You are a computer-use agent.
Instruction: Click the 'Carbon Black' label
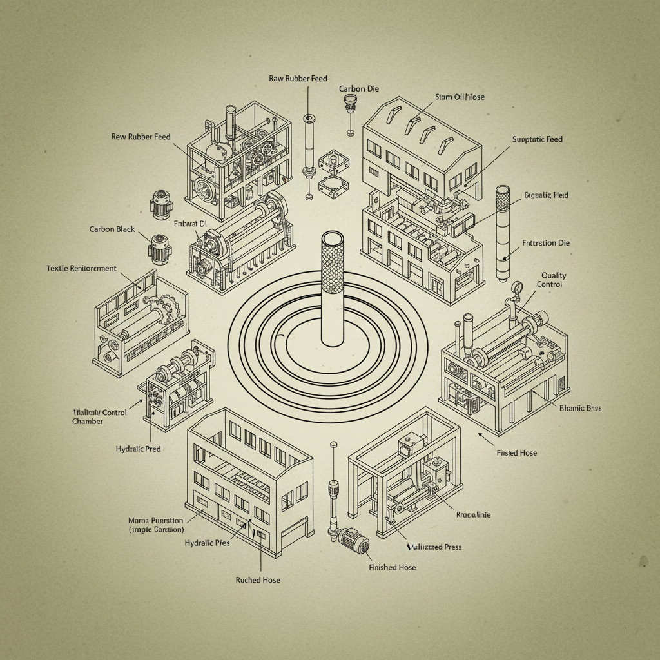(x=112, y=229)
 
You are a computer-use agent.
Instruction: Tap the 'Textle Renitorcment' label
(x=82, y=268)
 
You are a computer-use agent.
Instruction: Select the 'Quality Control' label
(x=553, y=280)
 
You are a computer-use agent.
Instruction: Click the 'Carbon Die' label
(x=358, y=88)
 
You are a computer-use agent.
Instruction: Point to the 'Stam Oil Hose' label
(x=460, y=97)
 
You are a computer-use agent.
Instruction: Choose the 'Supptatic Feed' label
(x=537, y=139)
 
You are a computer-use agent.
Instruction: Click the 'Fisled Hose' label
(x=516, y=453)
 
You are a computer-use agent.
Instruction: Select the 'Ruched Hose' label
(x=258, y=580)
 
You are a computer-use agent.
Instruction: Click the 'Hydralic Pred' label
(x=138, y=449)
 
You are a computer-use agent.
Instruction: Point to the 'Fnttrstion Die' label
(x=545, y=244)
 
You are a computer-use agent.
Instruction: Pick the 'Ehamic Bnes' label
(x=580, y=409)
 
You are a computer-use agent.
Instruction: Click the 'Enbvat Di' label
(x=190, y=224)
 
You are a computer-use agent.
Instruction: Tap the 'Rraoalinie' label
(x=473, y=515)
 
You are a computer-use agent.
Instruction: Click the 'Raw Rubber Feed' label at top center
(x=298, y=78)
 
